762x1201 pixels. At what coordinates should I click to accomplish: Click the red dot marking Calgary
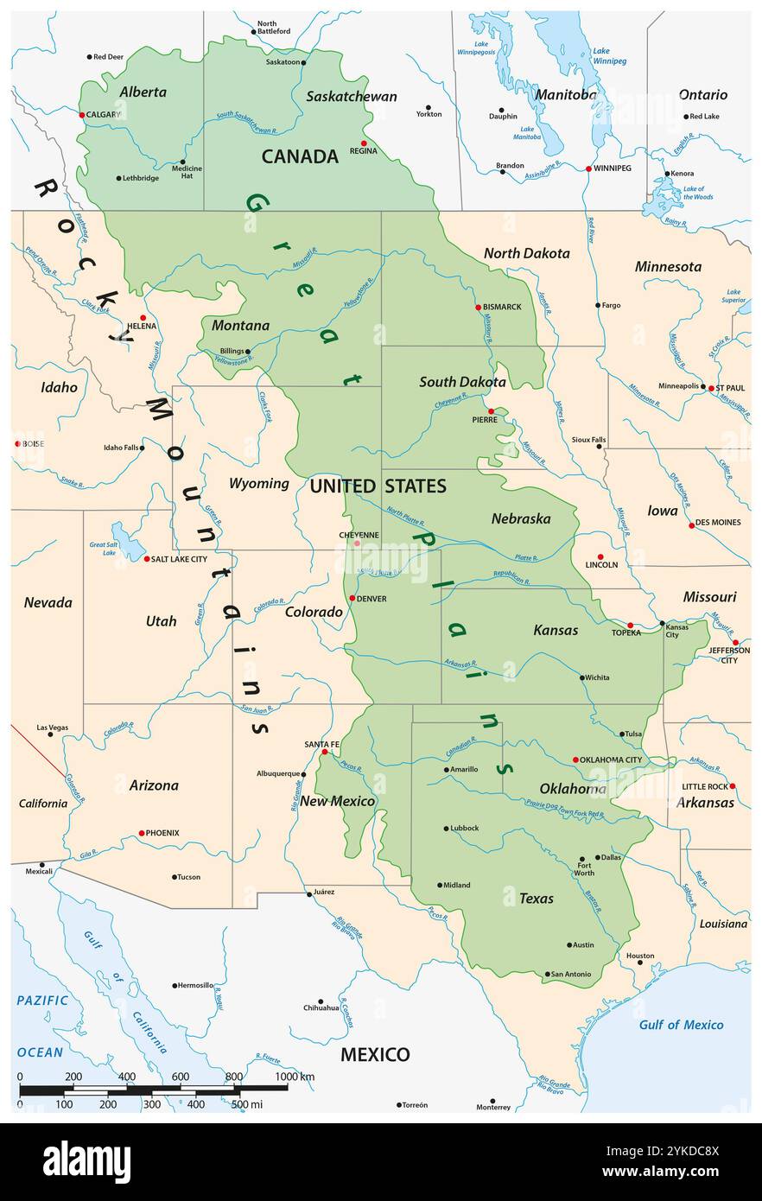pyautogui.click(x=82, y=115)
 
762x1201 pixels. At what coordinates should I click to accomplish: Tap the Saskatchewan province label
pyautogui.click(x=351, y=96)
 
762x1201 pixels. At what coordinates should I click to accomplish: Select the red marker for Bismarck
pyautogui.click(x=478, y=308)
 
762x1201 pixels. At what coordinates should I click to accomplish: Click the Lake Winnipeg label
pyautogui.click(x=609, y=56)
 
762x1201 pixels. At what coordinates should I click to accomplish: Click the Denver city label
pyautogui.click(x=371, y=599)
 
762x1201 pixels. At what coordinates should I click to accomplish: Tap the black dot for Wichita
pyautogui.click(x=582, y=677)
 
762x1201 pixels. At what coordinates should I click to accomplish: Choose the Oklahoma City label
pyautogui.click(x=611, y=760)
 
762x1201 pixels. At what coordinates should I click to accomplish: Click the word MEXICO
pyautogui.click(x=374, y=1054)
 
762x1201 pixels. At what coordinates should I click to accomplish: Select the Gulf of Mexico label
pyautogui.click(x=681, y=1025)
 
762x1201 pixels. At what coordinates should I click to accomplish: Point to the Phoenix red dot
pyautogui.click(x=142, y=834)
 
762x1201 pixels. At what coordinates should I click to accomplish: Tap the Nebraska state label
pyautogui.click(x=521, y=518)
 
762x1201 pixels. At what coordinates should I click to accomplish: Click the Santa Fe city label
pyautogui.click(x=321, y=744)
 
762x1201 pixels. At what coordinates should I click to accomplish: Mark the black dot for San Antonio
pyautogui.click(x=547, y=975)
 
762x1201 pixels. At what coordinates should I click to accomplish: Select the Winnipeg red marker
pyautogui.click(x=588, y=168)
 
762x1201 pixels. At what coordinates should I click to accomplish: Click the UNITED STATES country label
pyautogui.click(x=378, y=486)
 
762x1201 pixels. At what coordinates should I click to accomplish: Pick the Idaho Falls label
pyautogui.click(x=120, y=448)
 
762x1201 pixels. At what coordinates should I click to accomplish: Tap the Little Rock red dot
pyautogui.click(x=733, y=786)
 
